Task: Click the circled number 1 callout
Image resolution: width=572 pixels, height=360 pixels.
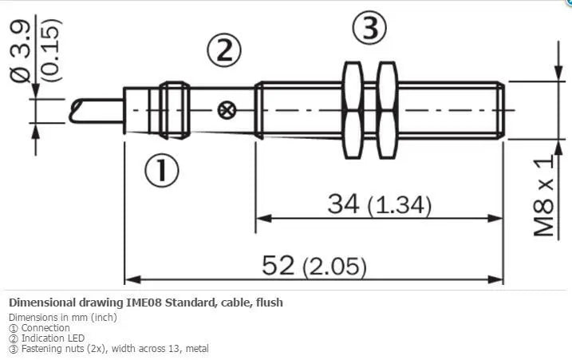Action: coord(162,170)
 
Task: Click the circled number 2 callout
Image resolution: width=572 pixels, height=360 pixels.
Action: coord(224,51)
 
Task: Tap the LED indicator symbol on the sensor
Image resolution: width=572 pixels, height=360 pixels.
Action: coord(227,110)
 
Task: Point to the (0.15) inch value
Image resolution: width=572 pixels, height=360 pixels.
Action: coord(50,50)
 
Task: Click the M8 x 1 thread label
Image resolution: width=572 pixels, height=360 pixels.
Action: coord(543,196)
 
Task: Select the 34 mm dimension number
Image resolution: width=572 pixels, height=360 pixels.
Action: coord(343,204)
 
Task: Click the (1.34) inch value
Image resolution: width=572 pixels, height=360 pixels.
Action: coord(400,206)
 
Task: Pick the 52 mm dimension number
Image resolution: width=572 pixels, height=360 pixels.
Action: coord(278,265)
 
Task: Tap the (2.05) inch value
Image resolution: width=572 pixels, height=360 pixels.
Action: coord(334,267)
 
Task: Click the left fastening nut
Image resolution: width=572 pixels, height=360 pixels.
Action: coord(353,110)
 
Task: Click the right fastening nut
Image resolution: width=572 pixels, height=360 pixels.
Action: coord(387,110)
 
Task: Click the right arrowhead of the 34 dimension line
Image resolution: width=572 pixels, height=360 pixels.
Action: coord(495,219)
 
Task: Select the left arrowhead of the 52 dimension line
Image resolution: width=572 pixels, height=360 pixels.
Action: coord(132,279)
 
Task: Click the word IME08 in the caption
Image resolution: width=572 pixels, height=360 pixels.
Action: coord(144,303)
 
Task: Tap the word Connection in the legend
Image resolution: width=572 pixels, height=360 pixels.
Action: coord(45,328)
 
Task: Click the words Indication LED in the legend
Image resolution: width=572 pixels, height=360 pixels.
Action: coord(53,338)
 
